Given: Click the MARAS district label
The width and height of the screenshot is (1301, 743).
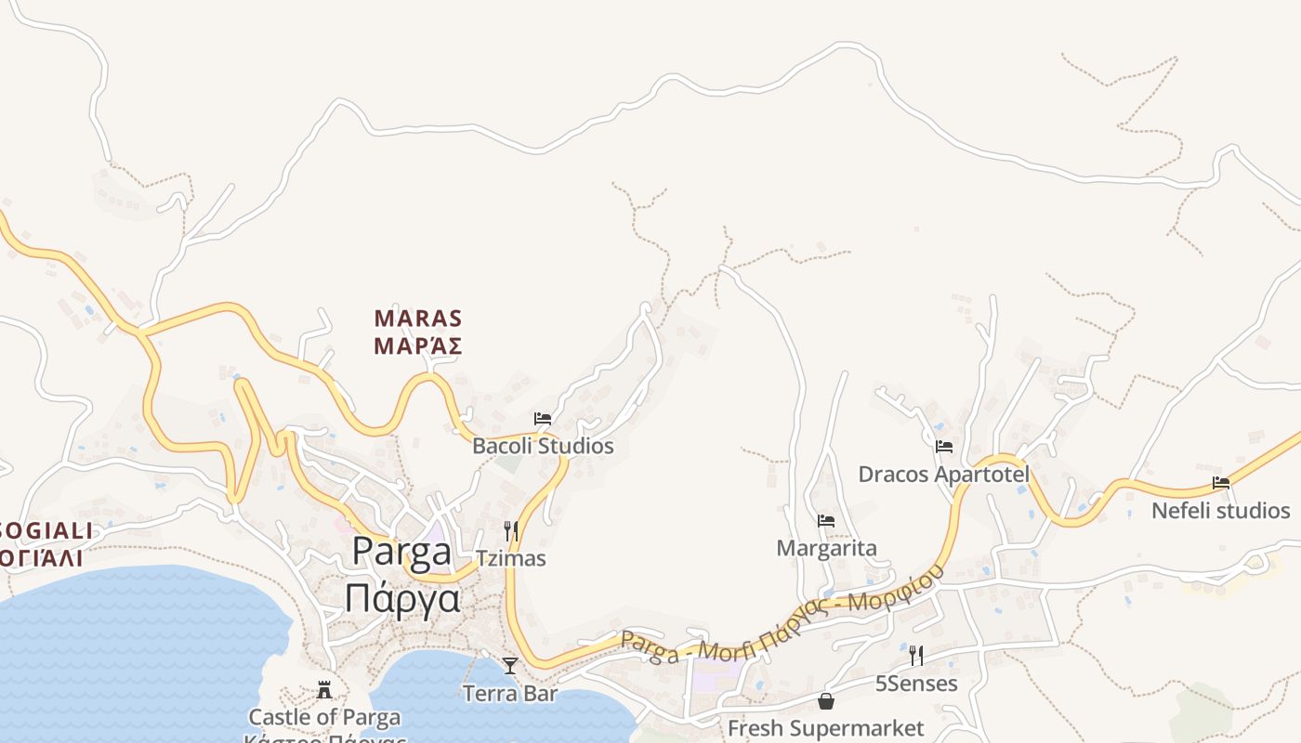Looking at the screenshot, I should (418, 319).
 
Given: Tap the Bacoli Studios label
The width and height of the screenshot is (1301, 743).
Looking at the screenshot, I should (543, 446).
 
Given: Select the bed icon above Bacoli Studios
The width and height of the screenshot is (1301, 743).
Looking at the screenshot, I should (543, 420).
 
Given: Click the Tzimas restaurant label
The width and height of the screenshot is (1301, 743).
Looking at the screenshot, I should (510, 558).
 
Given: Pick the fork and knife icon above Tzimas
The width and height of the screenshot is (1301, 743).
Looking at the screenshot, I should (510, 531).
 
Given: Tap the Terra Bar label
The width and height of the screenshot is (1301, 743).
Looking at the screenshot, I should (510, 693).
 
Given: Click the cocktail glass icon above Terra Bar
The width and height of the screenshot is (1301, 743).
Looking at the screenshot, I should (510, 665).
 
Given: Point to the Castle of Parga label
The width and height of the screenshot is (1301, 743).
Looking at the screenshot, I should (324, 717).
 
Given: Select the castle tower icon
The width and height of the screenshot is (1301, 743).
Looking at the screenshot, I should (324, 690).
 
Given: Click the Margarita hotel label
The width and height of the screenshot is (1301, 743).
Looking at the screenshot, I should (826, 548).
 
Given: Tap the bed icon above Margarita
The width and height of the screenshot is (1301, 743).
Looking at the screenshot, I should (826, 521).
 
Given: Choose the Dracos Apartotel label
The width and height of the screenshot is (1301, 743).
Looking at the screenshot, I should (943, 475).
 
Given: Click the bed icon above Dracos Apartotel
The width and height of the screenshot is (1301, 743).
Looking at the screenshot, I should (944, 447).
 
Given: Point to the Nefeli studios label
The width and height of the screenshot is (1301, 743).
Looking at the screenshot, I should (1220, 511).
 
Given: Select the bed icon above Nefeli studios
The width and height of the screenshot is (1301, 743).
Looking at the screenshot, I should (1221, 483).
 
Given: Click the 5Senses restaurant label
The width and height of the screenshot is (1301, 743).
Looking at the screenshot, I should (916, 684).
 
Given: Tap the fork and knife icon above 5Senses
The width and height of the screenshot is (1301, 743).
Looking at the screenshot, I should (916, 656).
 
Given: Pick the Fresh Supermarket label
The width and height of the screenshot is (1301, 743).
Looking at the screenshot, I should (825, 728).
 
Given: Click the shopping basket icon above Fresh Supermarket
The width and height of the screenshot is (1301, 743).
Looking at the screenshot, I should (825, 701).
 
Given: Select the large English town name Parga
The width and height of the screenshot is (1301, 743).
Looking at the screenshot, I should (402, 553).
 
